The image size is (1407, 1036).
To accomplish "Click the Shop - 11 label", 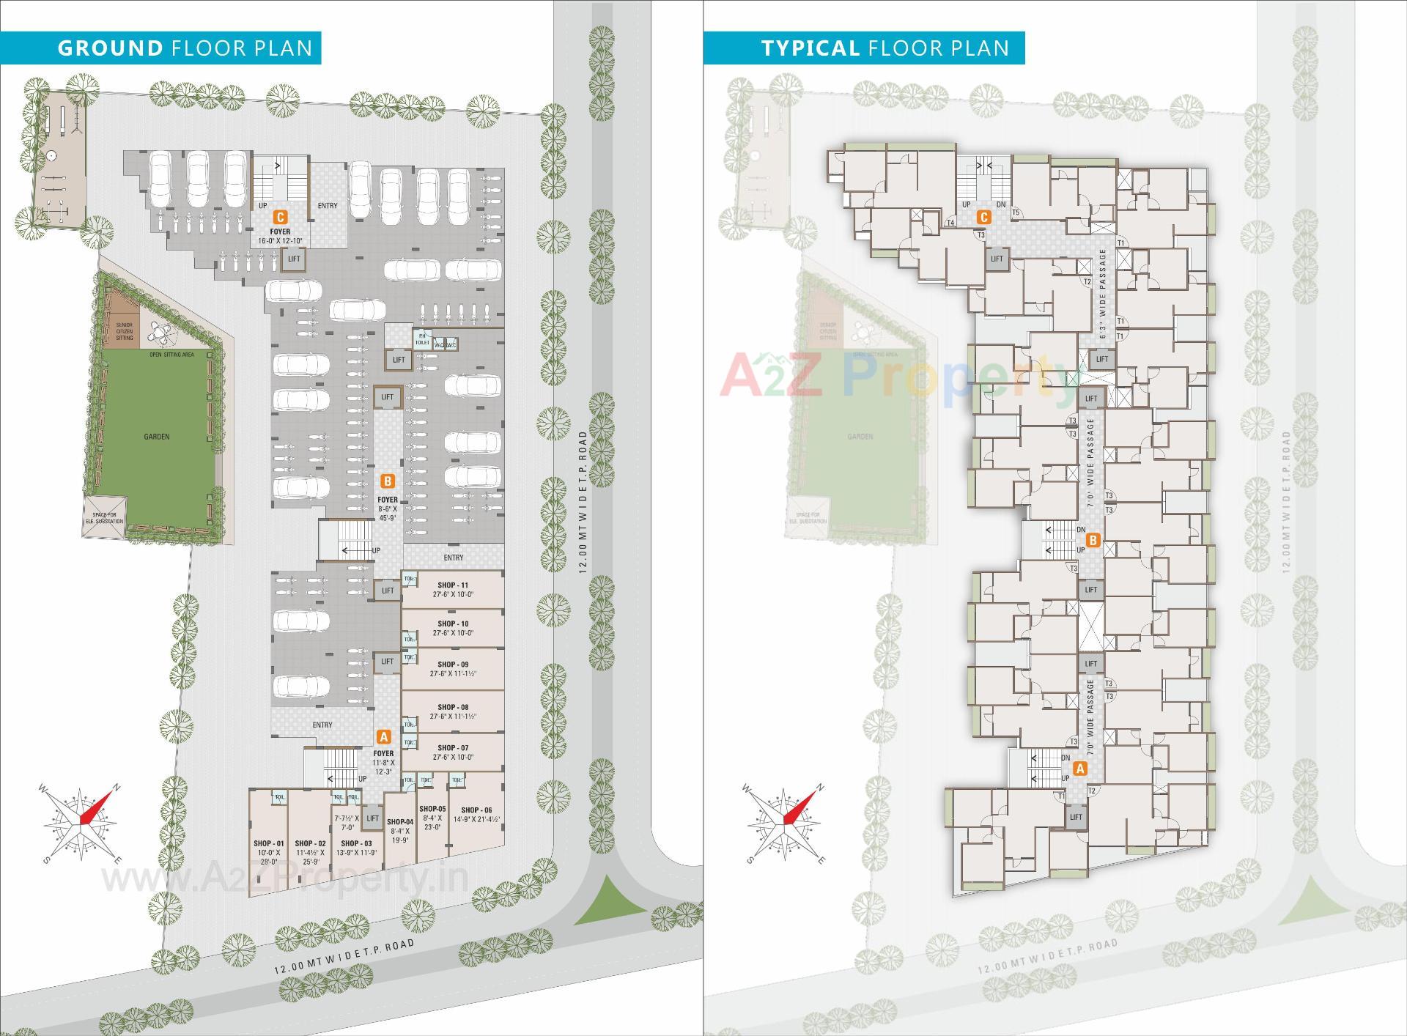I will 453,585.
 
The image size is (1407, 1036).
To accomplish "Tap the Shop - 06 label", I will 477,810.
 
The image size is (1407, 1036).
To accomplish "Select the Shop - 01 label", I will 268,844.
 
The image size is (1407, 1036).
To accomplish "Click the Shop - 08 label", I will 453,708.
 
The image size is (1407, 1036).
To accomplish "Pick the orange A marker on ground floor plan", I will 383,737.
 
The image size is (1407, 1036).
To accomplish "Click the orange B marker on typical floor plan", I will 1093,541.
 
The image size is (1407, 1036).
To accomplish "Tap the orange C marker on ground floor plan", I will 279,218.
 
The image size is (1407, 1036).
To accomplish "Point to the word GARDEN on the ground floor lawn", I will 157,437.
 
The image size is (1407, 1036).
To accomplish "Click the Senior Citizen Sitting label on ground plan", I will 125,331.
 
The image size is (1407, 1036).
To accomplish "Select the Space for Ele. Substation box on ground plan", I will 104,518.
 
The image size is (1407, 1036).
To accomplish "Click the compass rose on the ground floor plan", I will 81,824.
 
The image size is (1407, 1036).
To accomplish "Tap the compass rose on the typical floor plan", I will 785,824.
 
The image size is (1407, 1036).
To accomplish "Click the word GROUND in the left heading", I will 110,48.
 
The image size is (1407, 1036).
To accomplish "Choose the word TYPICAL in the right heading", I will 810,48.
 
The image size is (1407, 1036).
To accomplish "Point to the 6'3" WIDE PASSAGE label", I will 1103,293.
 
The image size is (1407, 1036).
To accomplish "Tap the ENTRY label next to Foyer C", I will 328,206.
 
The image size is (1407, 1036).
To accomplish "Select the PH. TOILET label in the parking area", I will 422,339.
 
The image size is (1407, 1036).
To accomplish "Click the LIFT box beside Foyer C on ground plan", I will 294,259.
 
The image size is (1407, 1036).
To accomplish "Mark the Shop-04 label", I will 400,822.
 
